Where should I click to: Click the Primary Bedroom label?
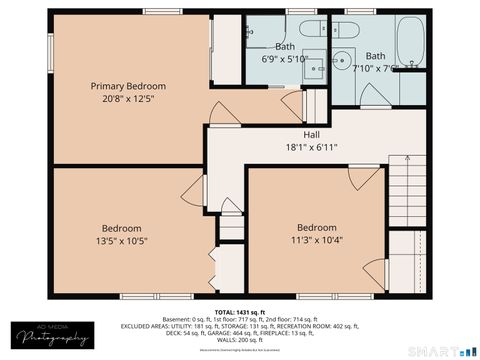tap(128, 86)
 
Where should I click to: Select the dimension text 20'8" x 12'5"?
tap(128, 98)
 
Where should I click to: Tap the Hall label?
tap(312, 134)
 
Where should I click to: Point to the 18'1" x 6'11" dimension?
tap(312, 147)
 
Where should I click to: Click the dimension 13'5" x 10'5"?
tap(122, 240)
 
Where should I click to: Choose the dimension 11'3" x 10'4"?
tap(316, 239)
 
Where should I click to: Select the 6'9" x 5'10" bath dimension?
tap(285, 59)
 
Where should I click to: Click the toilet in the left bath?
tap(311, 29)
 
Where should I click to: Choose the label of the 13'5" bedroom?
tap(122, 227)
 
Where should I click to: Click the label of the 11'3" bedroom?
tap(316, 226)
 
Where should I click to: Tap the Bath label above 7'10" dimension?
tap(376, 56)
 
